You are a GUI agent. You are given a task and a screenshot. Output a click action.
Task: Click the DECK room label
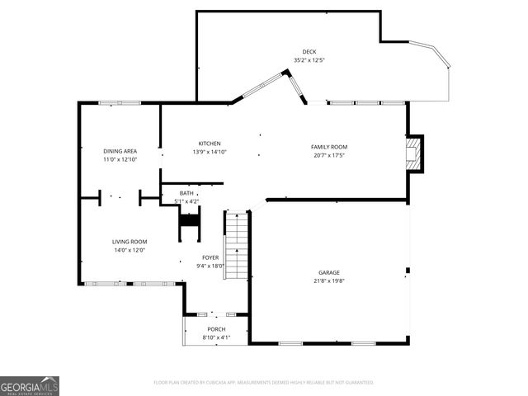(309, 51)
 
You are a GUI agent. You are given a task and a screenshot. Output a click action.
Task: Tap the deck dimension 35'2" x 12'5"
(309, 59)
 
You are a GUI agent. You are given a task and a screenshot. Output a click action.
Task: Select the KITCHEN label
(210, 144)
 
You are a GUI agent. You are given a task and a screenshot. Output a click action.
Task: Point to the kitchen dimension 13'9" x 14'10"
(210, 152)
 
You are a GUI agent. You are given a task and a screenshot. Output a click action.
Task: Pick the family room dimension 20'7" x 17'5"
(328, 155)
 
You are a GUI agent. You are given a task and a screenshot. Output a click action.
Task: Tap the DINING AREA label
(120, 151)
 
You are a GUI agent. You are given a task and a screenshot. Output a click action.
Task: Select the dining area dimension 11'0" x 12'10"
(120, 159)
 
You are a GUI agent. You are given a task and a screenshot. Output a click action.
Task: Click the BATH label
(186, 193)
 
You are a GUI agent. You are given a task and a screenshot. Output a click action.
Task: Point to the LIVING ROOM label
(130, 242)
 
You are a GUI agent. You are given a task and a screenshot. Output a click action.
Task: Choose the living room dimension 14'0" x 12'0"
(130, 250)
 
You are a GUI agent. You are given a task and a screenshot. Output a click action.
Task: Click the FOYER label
(210, 257)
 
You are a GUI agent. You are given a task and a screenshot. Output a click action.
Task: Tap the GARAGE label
(329, 272)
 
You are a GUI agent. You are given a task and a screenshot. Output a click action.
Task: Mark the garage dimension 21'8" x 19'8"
(329, 280)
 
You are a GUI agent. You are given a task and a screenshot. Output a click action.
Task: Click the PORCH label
(216, 329)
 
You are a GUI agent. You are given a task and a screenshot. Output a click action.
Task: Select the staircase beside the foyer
(237, 246)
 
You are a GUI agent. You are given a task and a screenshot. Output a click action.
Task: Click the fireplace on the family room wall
(415, 154)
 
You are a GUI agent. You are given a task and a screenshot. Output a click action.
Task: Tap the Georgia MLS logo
(29, 385)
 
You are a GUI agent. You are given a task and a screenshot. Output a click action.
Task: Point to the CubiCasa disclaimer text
(264, 382)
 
